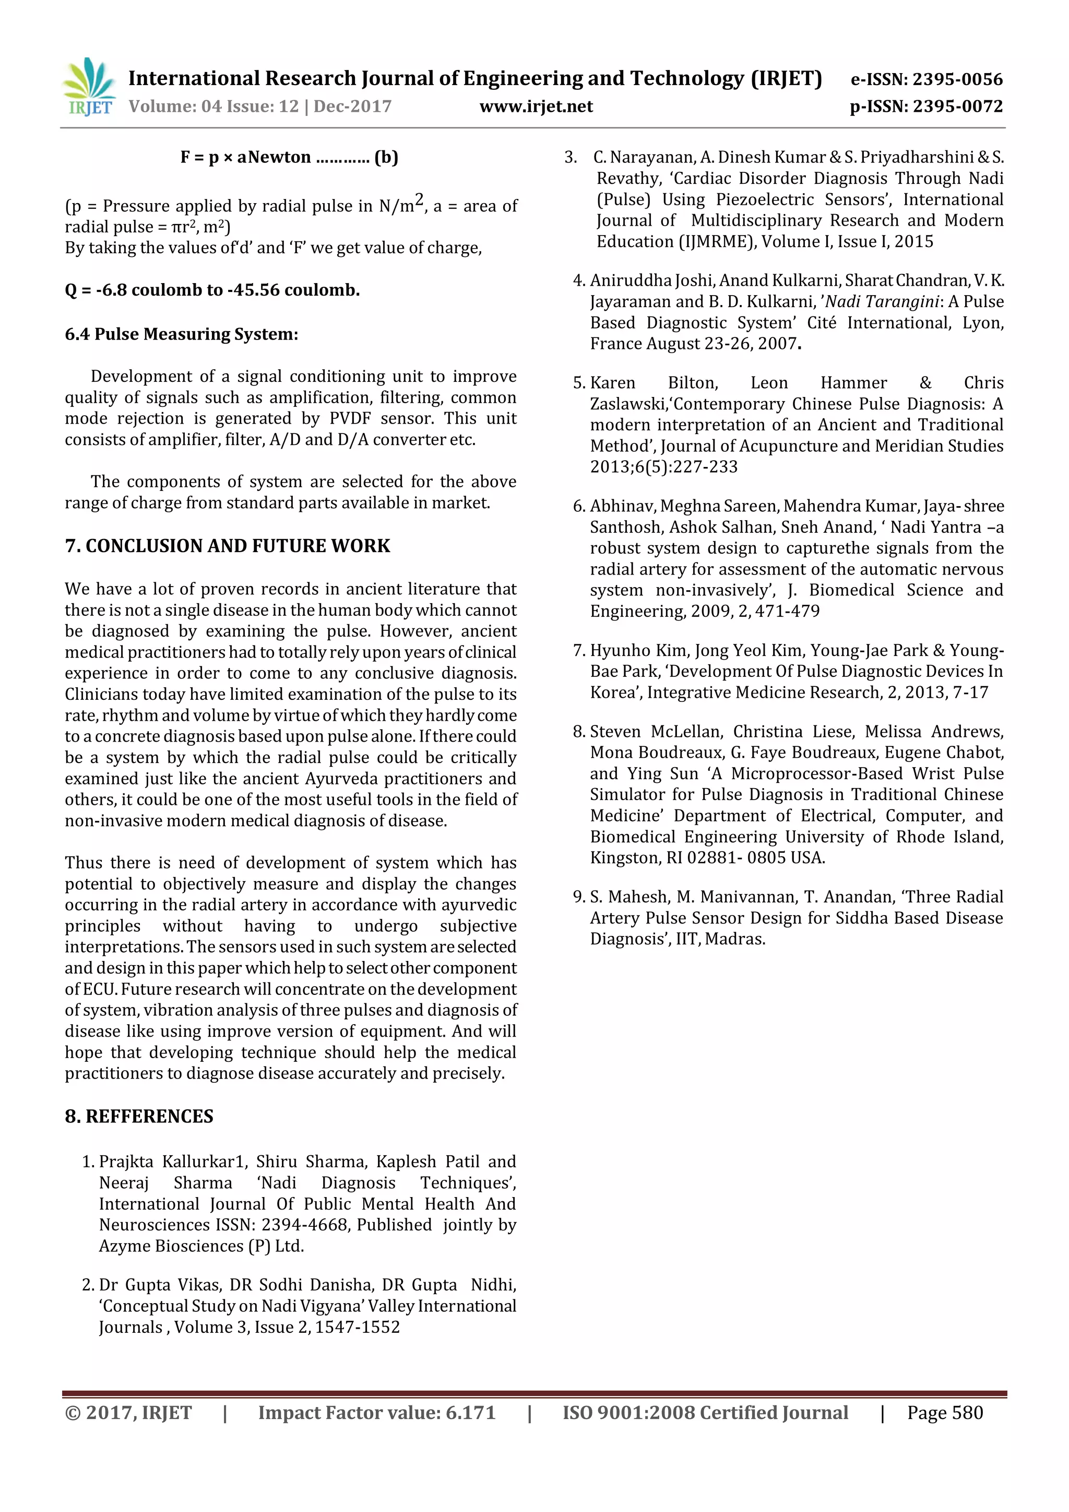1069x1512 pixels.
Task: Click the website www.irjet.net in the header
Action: (x=536, y=107)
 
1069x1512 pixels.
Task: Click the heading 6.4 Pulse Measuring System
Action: (x=181, y=335)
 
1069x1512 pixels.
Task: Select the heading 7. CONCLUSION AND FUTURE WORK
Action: (x=227, y=546)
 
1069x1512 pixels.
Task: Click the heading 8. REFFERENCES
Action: (x=139, y=1116)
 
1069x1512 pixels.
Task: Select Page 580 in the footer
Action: (x=945, y=1413)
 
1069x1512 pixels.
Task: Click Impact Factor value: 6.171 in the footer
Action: (x=376, y=1413)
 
